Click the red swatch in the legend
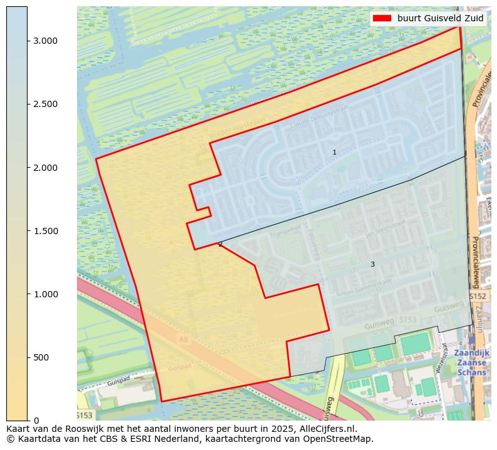[x=381, y=18]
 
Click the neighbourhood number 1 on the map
[x=334, y=152]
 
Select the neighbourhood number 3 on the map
[x=372, y=264]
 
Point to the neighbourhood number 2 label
[x=220, y=244]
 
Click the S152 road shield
[x=478, y=295]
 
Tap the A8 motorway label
[x=183, y=340]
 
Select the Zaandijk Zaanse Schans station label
[x=471, y=362]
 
